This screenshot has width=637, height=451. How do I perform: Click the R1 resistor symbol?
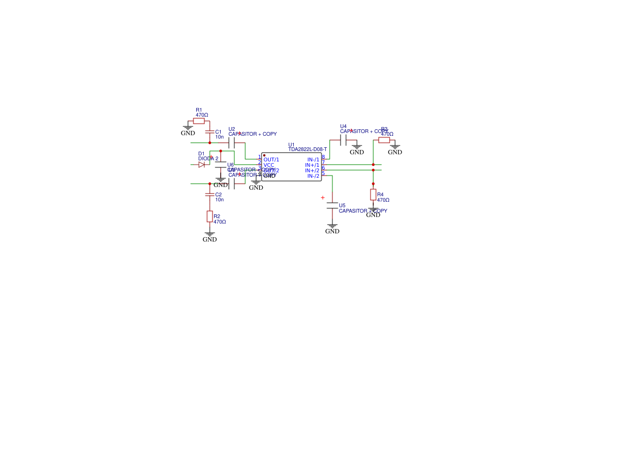(199, 121)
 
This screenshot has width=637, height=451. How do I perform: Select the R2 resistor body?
(210, 217)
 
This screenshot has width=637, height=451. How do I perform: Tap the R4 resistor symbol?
(373, 195)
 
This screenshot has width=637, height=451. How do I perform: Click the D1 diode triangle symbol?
(202, 165)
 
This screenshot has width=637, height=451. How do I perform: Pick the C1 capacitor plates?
(210, 132)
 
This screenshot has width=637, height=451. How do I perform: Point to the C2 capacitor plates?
(210, 194)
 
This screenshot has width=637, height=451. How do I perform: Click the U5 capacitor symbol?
(332, 206)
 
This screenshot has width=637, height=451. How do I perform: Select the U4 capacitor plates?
(343, 140)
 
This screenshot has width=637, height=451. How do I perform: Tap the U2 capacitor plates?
(232, 143)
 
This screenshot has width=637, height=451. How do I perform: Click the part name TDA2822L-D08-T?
(307, 149)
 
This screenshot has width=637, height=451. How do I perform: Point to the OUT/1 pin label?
(271, 159)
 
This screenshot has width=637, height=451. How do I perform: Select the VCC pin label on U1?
(269, 165)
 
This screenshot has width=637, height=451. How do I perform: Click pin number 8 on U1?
(323, 157)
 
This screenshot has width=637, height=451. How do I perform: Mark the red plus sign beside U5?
(323, 197)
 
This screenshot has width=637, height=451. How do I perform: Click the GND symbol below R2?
(210, 235)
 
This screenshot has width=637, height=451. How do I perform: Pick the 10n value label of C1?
(220, 137)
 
